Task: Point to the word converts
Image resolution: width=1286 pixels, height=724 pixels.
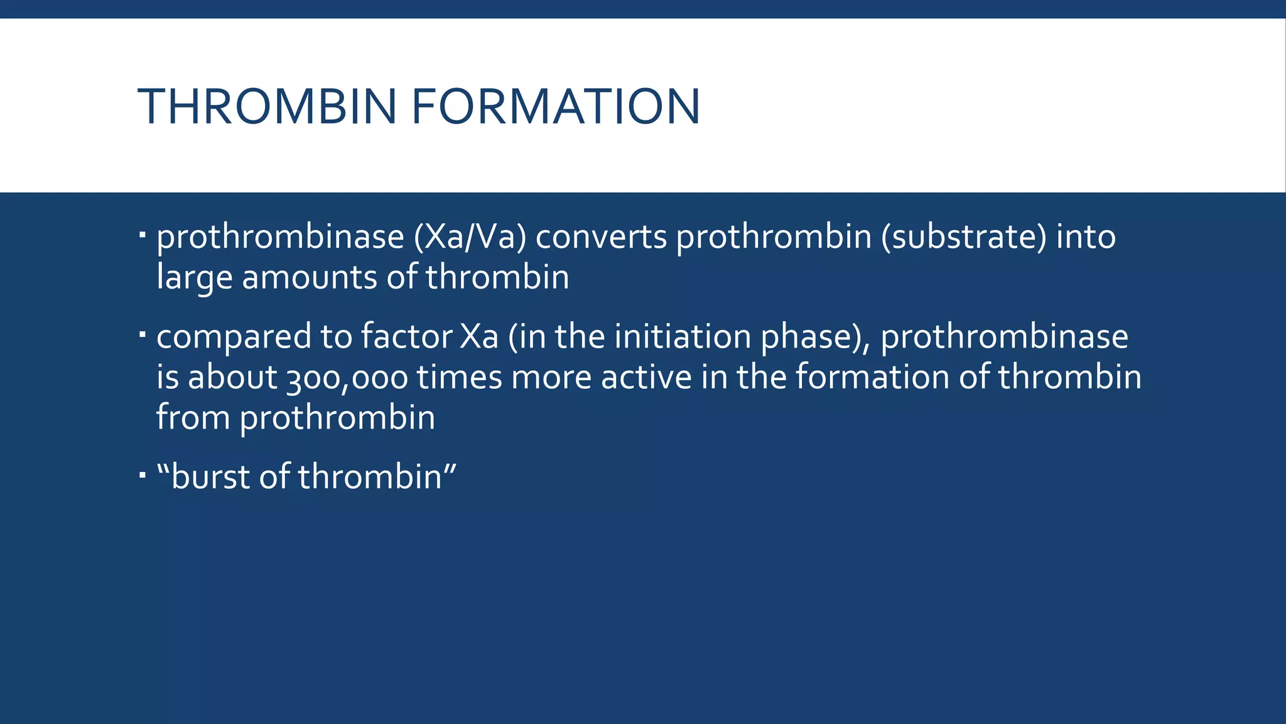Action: (x=601, y=238)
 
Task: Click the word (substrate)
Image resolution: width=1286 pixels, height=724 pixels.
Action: (x=964, y=238)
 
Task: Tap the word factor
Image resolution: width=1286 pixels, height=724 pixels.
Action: (x=406, y=336)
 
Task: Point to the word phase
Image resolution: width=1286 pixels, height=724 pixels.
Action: (x=816, y=337)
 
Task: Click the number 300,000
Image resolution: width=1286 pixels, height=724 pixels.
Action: (x=347, y=378)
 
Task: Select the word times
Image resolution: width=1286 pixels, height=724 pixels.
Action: (x=460, y=377)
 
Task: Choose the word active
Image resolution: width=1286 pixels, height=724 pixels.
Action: (x=646, y=377)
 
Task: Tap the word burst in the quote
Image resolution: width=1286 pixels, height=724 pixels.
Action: (x=210, y=476)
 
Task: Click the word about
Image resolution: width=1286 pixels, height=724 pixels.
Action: (x=232, y=377)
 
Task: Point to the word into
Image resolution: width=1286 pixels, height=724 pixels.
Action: (x=1086, y=238)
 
